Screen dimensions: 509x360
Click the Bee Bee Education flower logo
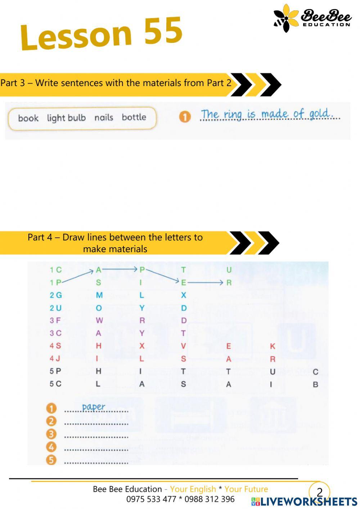[x=287, y=18]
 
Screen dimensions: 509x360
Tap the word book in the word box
[x=28, y=118]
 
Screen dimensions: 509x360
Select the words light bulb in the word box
[x=66, y=118]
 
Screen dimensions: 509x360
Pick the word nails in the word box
[x=104, y=117]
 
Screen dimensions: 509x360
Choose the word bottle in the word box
[x=134, y=117]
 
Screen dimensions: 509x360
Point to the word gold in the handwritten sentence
[x=319, y=114]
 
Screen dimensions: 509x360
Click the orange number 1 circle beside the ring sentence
[x=185, y=117]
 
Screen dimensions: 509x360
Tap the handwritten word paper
[x=93, y=407]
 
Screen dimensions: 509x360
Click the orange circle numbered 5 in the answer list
[x=51, y=460]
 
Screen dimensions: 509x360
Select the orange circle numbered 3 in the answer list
[x=51, y=434]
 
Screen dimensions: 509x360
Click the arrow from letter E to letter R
[x=205, y=283]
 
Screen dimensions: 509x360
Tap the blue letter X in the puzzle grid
[x=184, y=295]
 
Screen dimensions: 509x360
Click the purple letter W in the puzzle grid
[x=99, y=320]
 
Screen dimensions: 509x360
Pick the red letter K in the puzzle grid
[x=273, y=346]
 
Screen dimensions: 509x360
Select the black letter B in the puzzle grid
[x=315, y=384]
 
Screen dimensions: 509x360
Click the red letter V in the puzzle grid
[x=184, y=346]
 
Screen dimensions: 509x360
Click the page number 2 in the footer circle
[x=319, y=492]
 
